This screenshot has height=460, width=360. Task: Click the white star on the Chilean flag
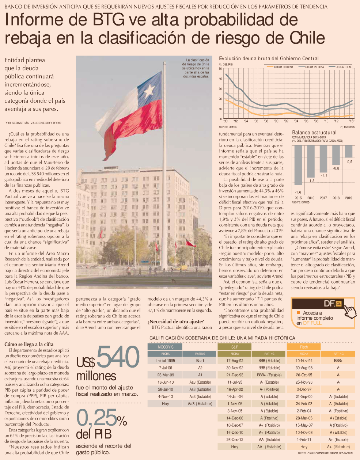click(149, 89)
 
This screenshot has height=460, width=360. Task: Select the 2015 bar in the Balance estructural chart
click(298, 164)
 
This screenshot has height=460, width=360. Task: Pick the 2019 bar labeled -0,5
click(349, 151)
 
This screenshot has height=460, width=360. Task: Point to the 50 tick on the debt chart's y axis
click(220, 69)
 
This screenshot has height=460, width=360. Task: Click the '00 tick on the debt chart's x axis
click(276, 121)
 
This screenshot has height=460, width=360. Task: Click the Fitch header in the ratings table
click(304, 347)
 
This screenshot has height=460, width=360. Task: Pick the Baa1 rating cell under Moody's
click(200, 361)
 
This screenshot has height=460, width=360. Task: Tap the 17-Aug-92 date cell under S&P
click(235, 361)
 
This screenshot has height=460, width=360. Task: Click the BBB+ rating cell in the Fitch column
click(338, 361)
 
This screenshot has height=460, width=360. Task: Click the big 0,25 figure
click(97, 418)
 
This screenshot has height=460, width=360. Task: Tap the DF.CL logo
click(332, 303)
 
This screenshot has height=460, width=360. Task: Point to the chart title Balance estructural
click(314, 132)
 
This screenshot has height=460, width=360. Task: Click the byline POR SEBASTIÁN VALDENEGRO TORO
click(33, 123)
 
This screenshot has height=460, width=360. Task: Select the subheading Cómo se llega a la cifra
click(29, 344)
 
